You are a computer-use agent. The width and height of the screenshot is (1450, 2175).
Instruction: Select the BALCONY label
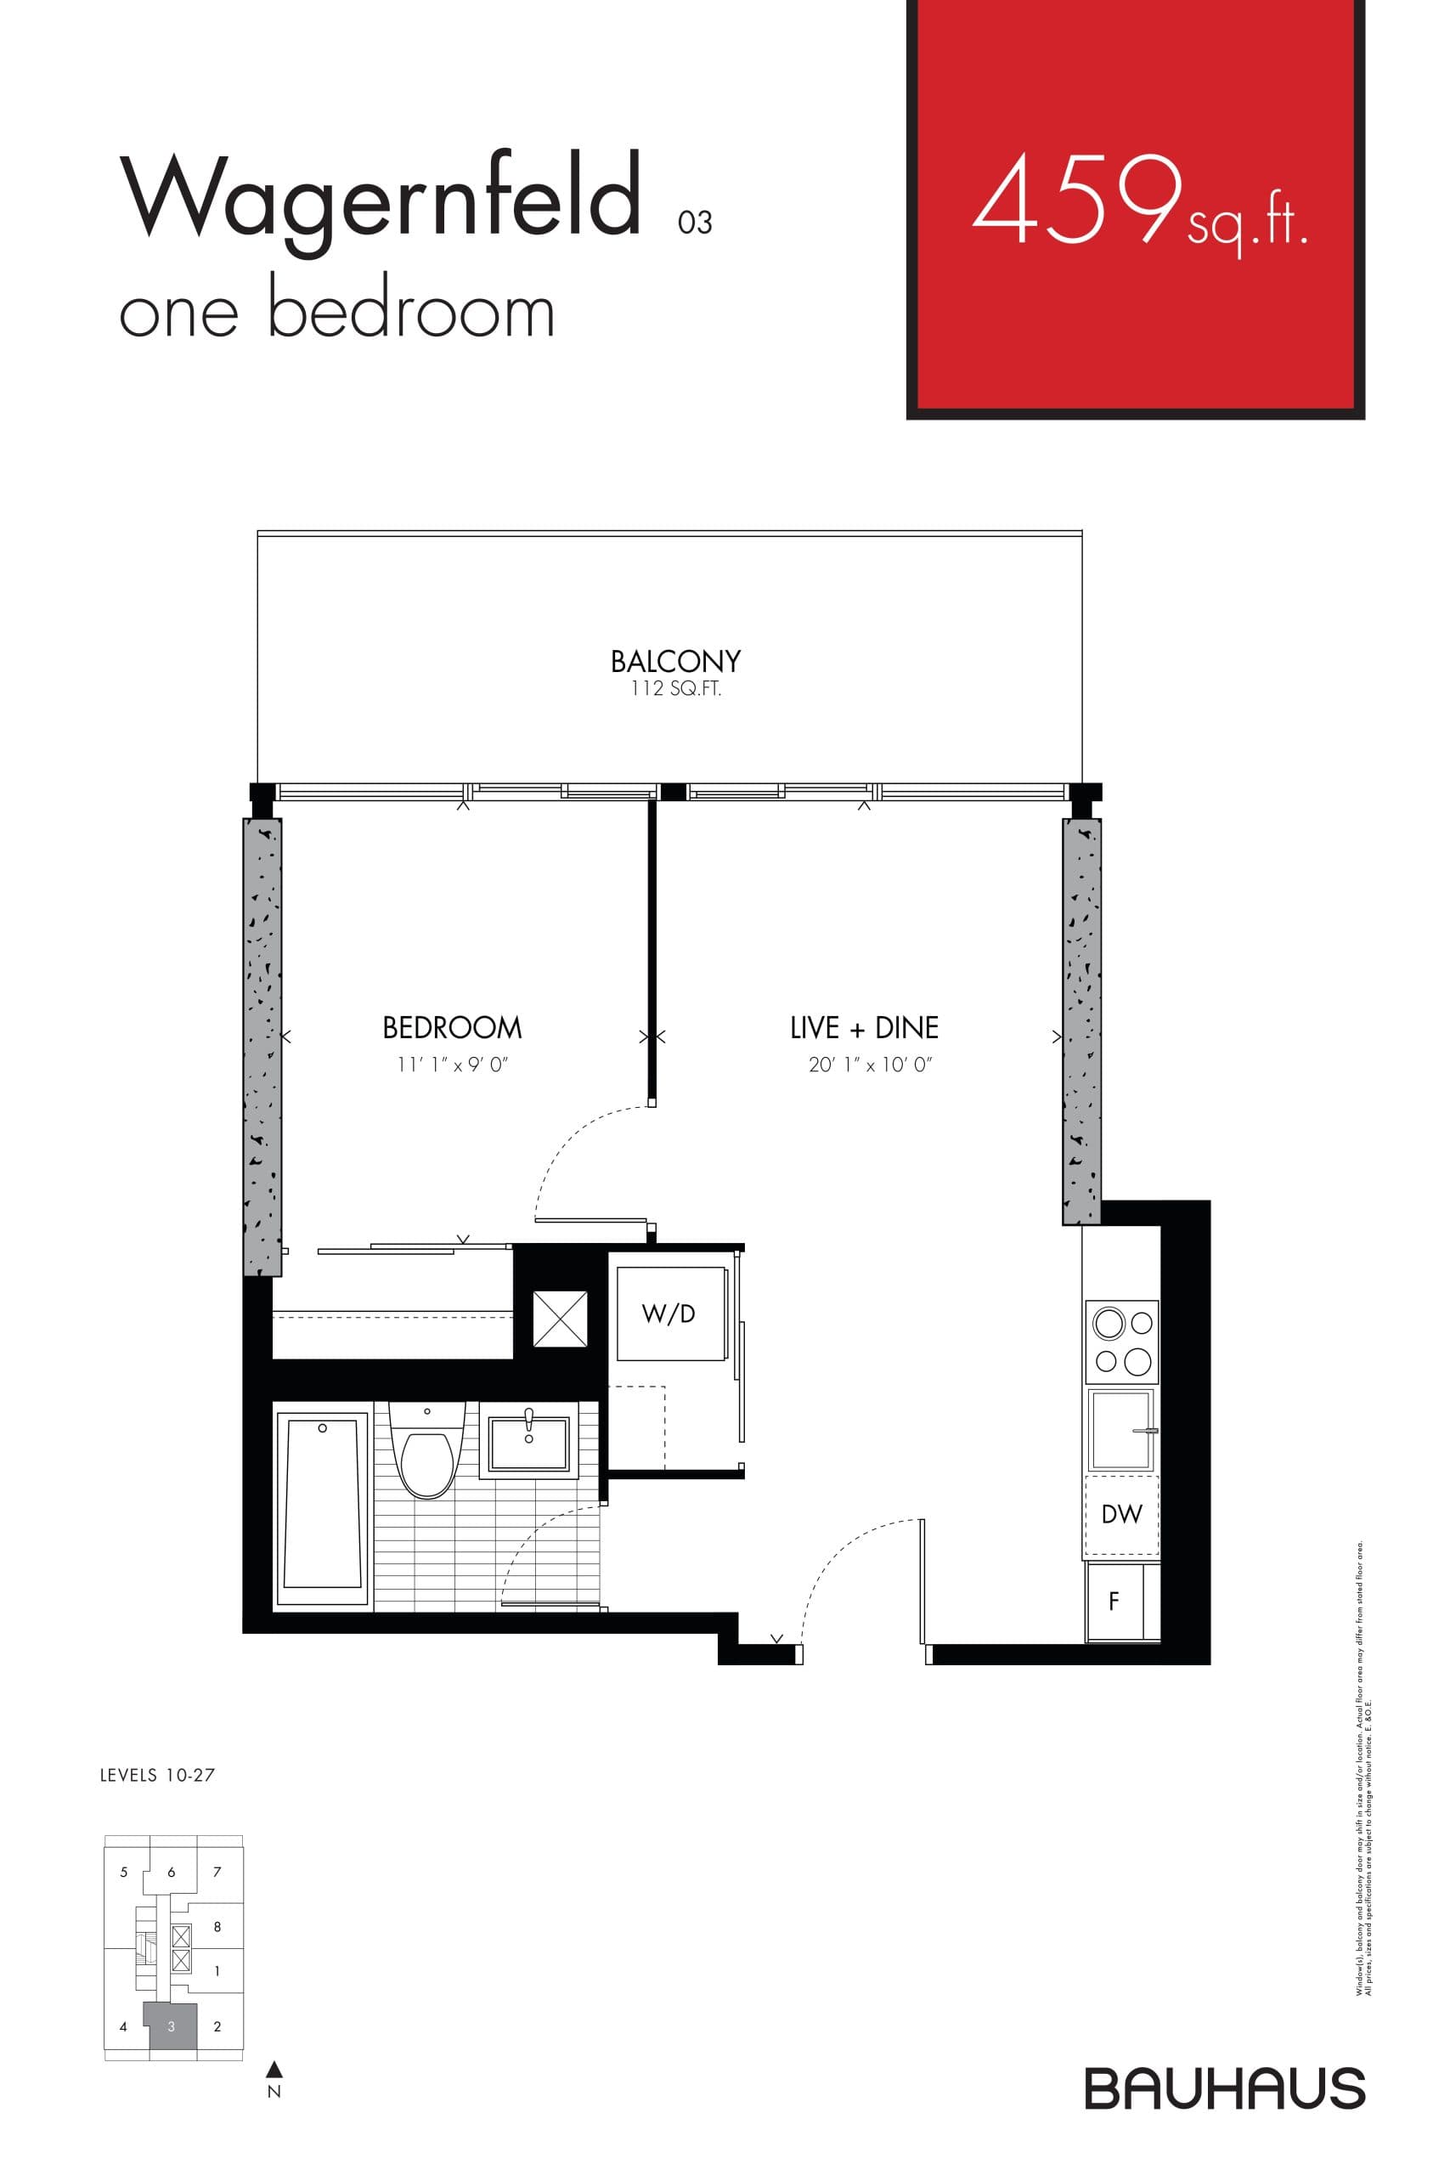[675, 661]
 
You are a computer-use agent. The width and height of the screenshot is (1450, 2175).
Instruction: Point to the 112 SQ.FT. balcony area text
[675, 689]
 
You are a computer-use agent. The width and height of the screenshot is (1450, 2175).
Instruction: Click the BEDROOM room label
[452, 1027]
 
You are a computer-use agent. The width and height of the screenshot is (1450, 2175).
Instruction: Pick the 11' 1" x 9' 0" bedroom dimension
[453, 1065]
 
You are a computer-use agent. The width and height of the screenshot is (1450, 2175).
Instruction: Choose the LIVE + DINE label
[864, 1027]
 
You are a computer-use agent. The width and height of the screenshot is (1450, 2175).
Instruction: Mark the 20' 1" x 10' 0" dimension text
[870, 1065]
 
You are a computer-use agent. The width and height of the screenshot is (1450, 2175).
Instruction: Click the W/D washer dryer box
[669, 1313]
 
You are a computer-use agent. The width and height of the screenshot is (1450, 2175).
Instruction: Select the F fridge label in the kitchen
[1114, 1601]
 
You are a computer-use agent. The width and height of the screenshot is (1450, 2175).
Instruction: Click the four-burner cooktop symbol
[1123, 1342]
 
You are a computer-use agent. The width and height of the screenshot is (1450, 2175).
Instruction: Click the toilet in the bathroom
[426, 1455]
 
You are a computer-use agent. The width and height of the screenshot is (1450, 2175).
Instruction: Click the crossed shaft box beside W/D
[561, 1319]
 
